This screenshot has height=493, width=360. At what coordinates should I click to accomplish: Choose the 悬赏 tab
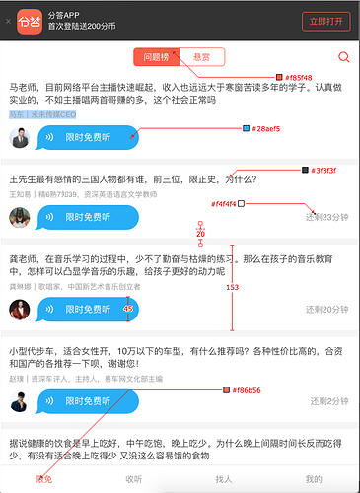[x=202, y=58]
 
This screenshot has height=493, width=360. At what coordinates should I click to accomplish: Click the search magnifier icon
[x=343, y=58]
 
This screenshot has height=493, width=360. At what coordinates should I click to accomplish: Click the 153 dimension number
[x=233, y=287]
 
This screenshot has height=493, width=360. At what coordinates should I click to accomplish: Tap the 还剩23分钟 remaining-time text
[x=328, y=216]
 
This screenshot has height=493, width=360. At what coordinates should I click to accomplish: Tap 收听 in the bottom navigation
[x=134, y=478]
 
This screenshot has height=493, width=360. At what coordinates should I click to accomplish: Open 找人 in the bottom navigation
[x=223, y=478]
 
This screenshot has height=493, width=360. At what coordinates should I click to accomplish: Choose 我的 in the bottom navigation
[x=314, y=478]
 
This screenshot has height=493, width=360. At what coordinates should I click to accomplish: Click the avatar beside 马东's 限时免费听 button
[x=20, y=138]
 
